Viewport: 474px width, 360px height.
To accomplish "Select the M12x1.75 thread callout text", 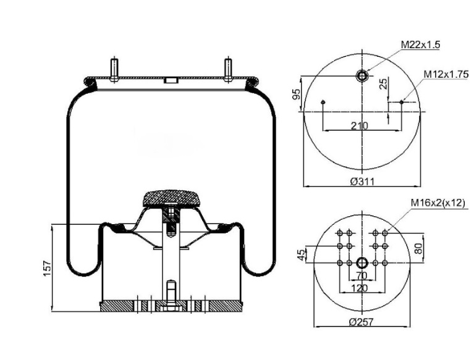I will (445, 74).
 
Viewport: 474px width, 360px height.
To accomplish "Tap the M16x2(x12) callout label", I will (437, 203).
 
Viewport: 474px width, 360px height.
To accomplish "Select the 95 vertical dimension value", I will (297, 94).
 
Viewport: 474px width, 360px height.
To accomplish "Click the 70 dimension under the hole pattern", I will (362, 275).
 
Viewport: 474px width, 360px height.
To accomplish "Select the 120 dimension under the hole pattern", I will (360, 288).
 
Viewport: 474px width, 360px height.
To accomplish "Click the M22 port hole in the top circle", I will (362, 76).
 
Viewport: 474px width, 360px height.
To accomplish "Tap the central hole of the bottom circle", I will (362, 263).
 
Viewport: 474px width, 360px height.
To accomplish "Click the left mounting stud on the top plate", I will (114, 69).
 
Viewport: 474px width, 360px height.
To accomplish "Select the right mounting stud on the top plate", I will (228, 69).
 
